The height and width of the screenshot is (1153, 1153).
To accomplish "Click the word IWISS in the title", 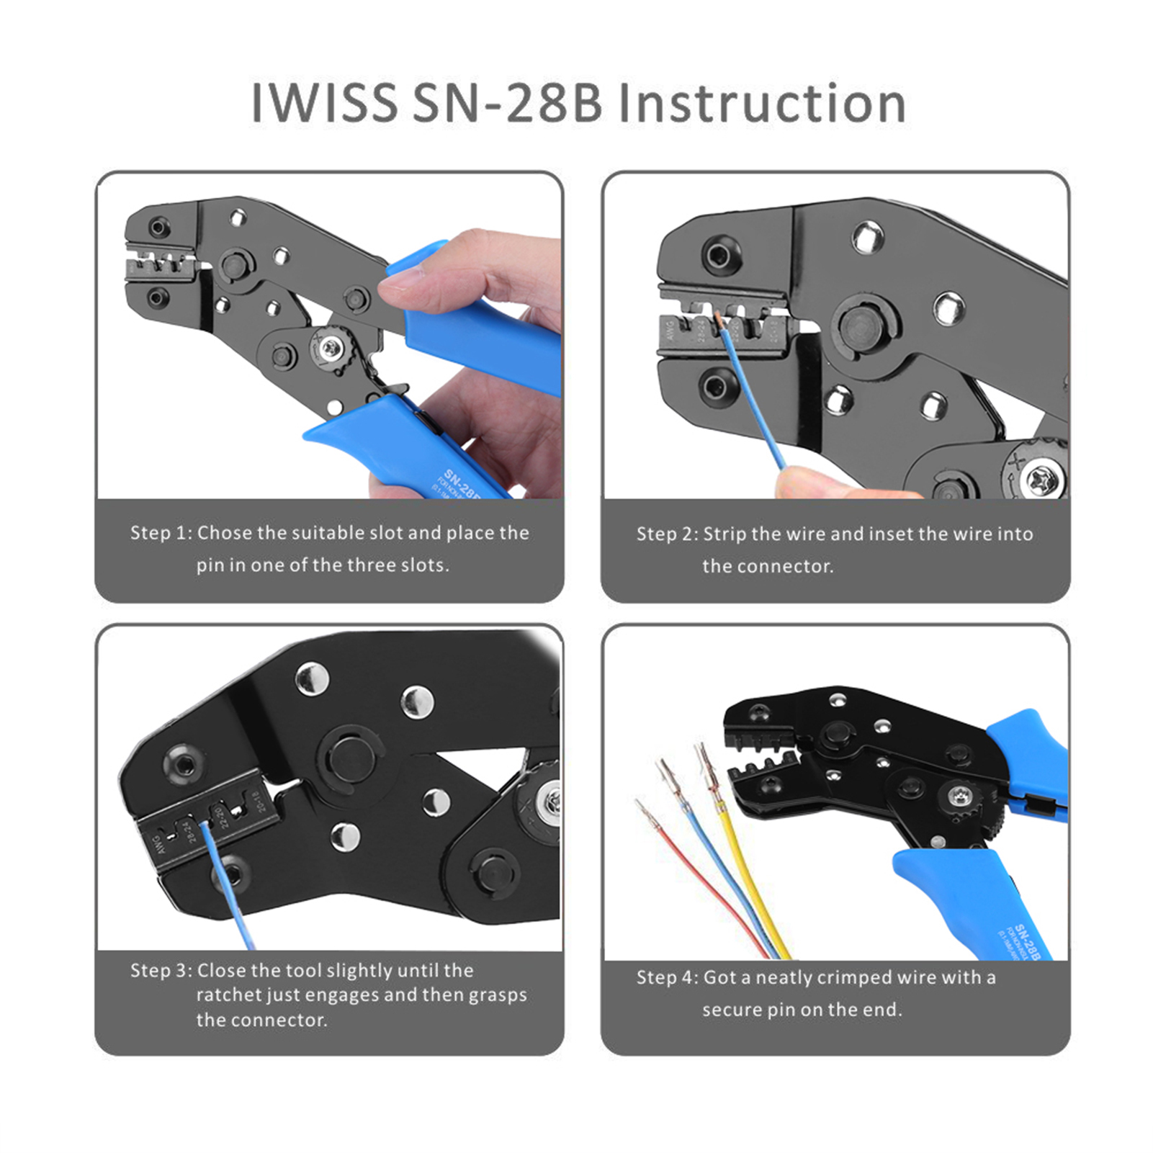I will (324, 104).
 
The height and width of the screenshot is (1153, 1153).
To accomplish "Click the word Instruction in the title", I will (762, 104).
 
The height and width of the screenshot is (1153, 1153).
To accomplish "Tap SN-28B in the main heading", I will (507, 104).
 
